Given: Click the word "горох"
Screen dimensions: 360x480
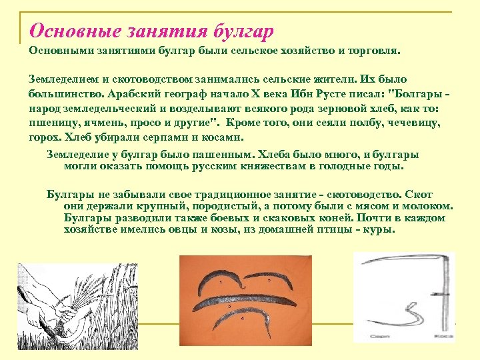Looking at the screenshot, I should click(44, 137).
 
